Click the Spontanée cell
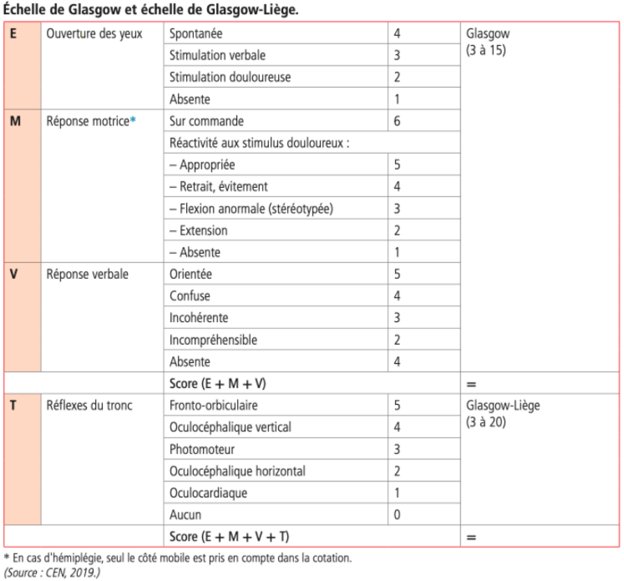(x=196, y=34)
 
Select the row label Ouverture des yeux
(x=94, y=34)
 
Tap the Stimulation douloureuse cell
(x=230, y=77)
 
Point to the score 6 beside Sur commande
(x=397, y=121)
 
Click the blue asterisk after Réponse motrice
(x=133, y=120)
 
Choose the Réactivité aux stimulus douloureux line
(x=259, y=143)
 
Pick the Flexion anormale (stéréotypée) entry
(x=251, y=209)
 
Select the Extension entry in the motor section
(x=203, y=231)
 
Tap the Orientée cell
(x=191, y=274)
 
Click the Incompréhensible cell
(x=213, y=340)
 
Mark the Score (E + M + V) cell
(x=217, y=384)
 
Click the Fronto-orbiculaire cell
(x=214, y=405)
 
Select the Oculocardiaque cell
(x=208, y=493)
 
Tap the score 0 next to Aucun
(x=397, y=515)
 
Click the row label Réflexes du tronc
(x=89, y=405)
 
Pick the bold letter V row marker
(x=14, y=274)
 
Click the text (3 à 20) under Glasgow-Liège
(x=486, y=422)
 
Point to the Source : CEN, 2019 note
(x=52, y=572)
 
